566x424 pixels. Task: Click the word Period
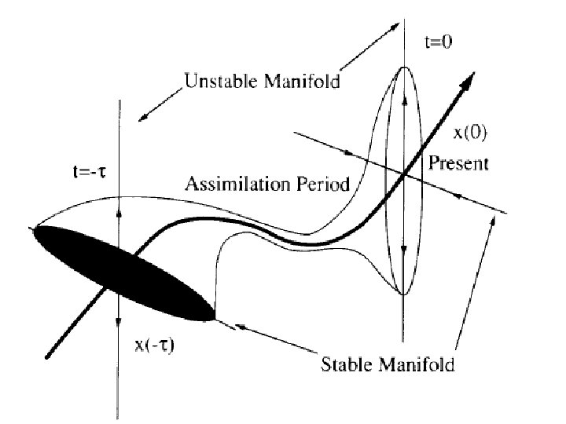320,185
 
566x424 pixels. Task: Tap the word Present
459,164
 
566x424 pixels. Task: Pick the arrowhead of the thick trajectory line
469,77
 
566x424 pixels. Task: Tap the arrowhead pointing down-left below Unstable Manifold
144,117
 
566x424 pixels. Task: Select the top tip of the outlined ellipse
403,68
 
